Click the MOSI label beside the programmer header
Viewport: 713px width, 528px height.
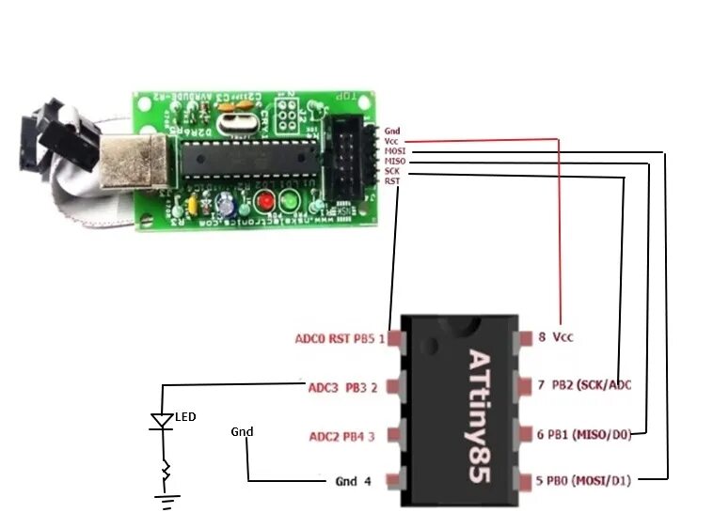(394, 150)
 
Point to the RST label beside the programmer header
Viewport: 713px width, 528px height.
(391, 180)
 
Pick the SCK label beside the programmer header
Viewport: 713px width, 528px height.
(392, 171)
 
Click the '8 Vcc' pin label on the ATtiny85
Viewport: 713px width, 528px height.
(555, 335)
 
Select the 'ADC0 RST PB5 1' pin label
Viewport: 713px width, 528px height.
(340, 338)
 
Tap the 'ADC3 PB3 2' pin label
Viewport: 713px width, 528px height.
(342, 386)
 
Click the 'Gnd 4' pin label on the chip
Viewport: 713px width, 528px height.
(353, 481)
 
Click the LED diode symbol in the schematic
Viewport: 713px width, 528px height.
(163, 422)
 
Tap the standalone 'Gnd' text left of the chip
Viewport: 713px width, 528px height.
(242, 431)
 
